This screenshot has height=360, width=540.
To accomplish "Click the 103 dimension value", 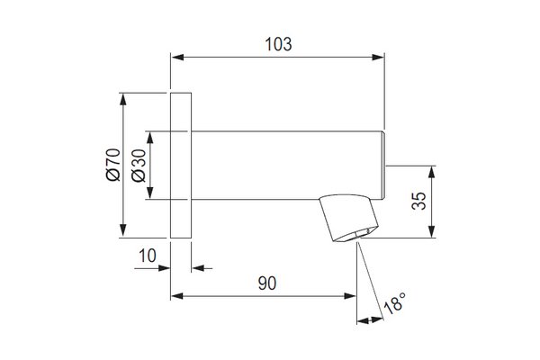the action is [x=278, y=44].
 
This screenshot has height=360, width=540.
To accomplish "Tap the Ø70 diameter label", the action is [x=113, y=165].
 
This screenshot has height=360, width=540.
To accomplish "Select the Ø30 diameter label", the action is [x=139, y=166].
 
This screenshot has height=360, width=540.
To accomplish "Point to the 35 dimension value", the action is [x=418, y=201].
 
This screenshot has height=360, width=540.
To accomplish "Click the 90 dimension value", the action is [x=267, y=283].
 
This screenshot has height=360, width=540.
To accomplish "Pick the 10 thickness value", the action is [x=148, y=256].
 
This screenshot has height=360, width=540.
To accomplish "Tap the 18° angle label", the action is [x=395, y=303].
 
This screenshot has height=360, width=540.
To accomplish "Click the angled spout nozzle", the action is [x=348, y=218].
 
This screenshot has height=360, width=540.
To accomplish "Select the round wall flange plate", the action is [x=181, y=166].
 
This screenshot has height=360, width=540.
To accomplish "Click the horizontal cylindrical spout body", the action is [x=288, y=166].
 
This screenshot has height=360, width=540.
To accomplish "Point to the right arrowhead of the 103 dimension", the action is [x=378, y=58].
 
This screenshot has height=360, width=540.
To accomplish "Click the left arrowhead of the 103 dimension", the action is [x=177, y=58].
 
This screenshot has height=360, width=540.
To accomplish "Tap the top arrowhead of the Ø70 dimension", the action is [x=123, y=99].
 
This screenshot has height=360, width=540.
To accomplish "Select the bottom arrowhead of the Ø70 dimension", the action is [x=123, y=231].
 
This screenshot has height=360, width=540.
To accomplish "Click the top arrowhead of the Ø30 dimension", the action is [x=149, y=138].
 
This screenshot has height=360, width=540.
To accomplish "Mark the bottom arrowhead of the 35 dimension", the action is [x=432, y=231].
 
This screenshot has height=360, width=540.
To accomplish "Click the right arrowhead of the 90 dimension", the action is [x=350, y=296].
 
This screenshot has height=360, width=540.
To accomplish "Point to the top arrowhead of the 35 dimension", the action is [x=432, y=172].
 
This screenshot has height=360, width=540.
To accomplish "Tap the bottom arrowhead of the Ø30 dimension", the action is [x=149, y=193].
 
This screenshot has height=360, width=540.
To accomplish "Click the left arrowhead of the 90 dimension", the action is [x=177, y=296].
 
